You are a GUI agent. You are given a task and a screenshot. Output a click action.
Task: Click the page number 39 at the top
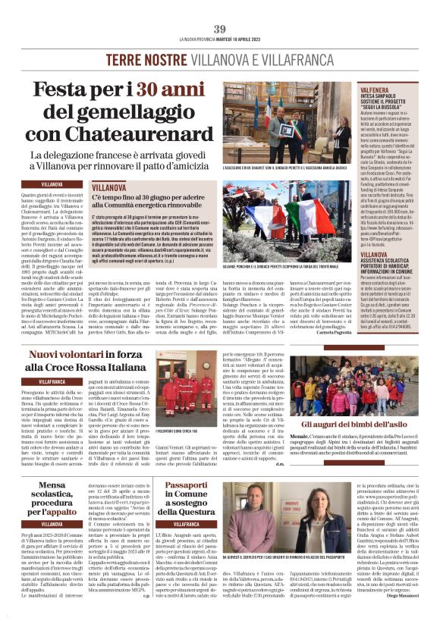[220, 29]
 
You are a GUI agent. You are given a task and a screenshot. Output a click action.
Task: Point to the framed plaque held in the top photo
[287, 127]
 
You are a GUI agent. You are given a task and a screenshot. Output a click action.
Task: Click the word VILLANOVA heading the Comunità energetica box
[112, 186]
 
